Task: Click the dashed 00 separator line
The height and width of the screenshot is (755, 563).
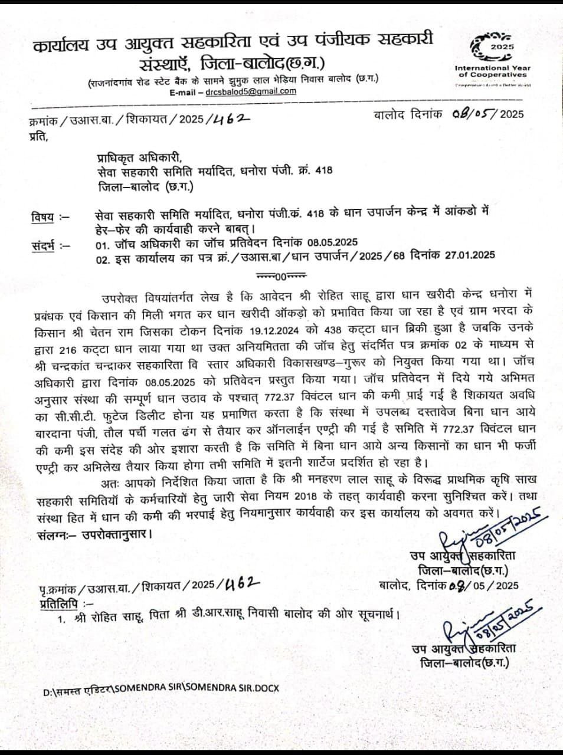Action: [x=280, y=275]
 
